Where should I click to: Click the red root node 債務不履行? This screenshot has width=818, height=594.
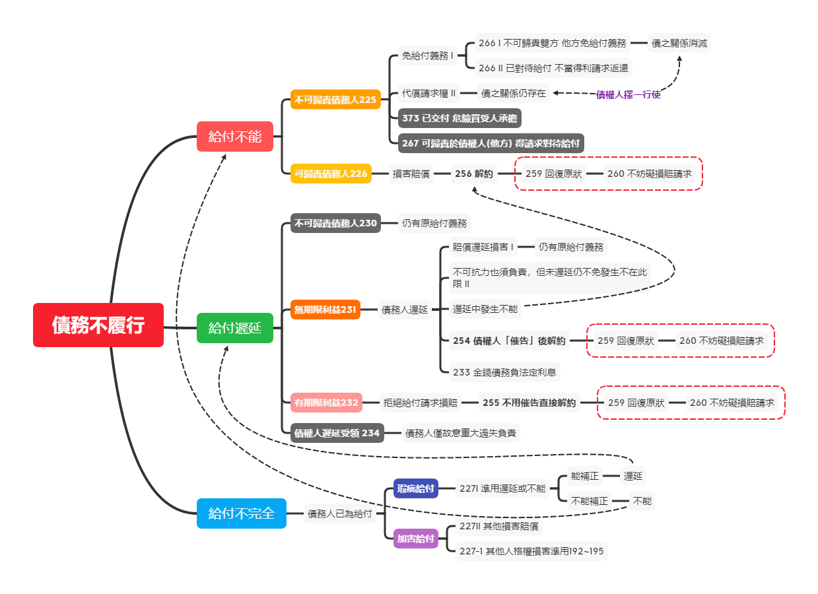98,325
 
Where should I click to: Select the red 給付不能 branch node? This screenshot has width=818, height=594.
235,137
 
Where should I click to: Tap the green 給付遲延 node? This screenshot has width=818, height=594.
235,327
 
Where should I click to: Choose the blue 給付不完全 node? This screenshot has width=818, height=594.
242,513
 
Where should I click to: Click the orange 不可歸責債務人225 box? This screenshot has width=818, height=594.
335,100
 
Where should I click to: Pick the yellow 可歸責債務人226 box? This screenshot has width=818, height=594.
331,174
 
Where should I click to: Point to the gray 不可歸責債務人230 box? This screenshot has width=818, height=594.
335,223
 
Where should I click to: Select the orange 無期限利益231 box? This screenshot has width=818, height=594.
325,309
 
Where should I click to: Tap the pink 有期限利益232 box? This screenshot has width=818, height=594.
326,402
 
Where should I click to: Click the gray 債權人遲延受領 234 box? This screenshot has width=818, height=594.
337,433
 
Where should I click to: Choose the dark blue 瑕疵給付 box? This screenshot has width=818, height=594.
415,488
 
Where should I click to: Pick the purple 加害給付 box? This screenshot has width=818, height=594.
416,539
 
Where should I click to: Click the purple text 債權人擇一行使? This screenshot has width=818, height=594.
628,94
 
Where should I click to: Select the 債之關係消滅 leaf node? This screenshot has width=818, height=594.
679,44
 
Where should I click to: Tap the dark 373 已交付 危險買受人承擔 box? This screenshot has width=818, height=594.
460,118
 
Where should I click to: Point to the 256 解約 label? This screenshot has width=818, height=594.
473,174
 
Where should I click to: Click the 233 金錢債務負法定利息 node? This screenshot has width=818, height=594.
504,372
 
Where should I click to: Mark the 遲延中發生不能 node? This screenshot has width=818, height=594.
485,308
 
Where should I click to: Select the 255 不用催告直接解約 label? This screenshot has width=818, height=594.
529,402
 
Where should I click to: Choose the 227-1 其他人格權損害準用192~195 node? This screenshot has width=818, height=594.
531,551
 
